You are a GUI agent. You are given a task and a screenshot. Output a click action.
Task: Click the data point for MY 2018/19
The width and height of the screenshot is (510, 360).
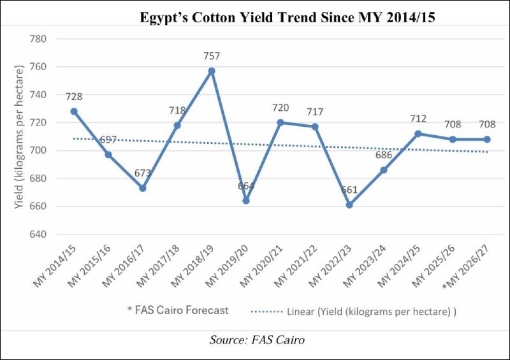click(212, 71)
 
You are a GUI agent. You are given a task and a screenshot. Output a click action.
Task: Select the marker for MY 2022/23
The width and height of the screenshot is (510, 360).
click(349, 205)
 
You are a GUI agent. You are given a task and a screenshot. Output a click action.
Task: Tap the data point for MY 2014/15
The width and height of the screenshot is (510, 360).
click(74, 111)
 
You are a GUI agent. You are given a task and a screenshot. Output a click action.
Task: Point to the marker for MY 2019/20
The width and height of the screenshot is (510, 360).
click(246, 201)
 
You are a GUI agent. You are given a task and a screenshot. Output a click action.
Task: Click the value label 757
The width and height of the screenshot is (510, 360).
click(212, 55)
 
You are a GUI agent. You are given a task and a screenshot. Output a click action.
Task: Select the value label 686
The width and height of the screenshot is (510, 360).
click(384, 155)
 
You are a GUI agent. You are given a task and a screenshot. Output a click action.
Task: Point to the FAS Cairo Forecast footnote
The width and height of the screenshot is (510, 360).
click(178, 310)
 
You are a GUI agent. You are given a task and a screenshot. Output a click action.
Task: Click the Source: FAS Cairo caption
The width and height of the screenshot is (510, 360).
click(257, 340)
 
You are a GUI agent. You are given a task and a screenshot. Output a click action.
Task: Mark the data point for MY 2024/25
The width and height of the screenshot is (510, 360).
click(418, 134)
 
